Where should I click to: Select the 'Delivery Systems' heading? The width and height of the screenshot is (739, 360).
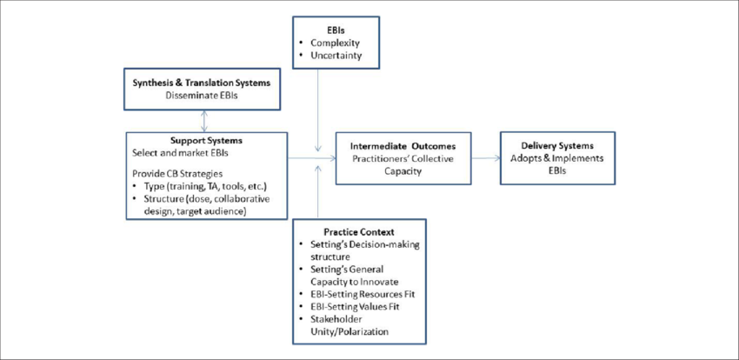click(x=557, y=144)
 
